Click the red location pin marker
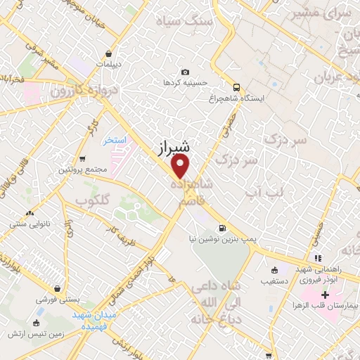click(x=181, y=167)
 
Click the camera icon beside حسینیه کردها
click(x=185, y=72)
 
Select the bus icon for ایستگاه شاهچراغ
click(x=236, y=88)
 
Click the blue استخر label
click(x=114, y=141)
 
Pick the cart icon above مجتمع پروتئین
click(x=83, y=158)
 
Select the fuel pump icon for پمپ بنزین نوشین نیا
click(x=223, y=228)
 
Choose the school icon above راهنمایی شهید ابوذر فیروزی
click(x=317, y=259)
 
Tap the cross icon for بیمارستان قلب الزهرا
click(x=325, y=294)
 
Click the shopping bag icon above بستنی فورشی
click(x=56, y=288)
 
